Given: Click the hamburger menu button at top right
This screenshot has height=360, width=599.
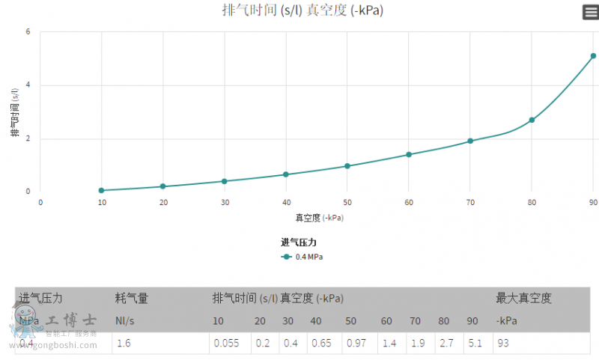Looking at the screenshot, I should click(590, 12).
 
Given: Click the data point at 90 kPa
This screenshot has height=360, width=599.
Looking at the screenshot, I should click(593, 55).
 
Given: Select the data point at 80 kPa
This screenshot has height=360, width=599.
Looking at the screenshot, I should click(532, 120).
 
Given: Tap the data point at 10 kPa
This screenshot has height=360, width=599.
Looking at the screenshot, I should click(101, 190).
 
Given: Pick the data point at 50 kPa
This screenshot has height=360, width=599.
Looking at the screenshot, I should click(347, 166).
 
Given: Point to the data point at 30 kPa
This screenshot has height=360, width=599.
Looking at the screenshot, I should click(224, 181).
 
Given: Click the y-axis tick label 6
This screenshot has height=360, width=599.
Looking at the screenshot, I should click(28, 32).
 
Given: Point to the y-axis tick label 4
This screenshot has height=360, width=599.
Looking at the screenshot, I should click(28, 85).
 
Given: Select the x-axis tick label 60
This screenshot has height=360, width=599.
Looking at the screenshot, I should click(409, 203).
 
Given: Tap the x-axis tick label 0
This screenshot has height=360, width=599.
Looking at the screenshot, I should click(40, 203).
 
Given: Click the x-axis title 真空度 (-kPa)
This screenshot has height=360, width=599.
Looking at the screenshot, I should click(320, 218).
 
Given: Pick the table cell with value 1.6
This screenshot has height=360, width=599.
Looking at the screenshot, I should click(124, 344).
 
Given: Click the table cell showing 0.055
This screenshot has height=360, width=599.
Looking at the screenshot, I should click(227, 344).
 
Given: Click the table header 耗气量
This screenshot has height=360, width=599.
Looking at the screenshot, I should click(132, 298).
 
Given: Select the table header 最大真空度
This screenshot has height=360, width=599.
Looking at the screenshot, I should click(523, 298).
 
